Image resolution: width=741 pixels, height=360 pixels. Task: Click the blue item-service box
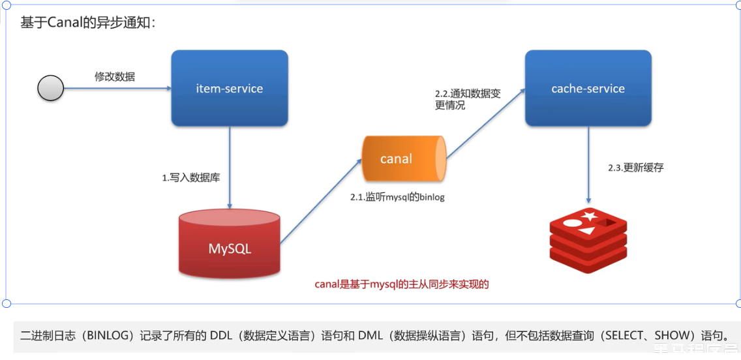[x=229, y=88]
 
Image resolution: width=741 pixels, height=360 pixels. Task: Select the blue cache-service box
[x=588, y=88]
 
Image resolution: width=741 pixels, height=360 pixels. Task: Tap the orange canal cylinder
[x=402, y=158]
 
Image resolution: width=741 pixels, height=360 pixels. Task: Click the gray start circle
[x=51, y=88]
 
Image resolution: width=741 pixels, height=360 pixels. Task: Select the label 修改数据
[x=115, y=76]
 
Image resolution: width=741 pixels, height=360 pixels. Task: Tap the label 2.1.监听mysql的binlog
[x=397, y=196]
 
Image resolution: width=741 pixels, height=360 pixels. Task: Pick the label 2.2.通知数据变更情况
[x=468, y=99]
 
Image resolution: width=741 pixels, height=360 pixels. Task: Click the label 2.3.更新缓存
[x=635, y=168]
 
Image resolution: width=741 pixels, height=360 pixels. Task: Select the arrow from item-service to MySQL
[x=230, y=166]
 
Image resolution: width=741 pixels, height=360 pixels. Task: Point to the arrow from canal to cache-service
[x=486, y=125]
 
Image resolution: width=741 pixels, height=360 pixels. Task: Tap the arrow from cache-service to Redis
[x=588, y=163]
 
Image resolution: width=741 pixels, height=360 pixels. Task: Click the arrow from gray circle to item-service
[x=117, y=88]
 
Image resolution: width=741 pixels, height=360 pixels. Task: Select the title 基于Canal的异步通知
[x=88, y=23]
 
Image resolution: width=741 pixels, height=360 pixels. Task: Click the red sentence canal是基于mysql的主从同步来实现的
[x=402, y=284]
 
